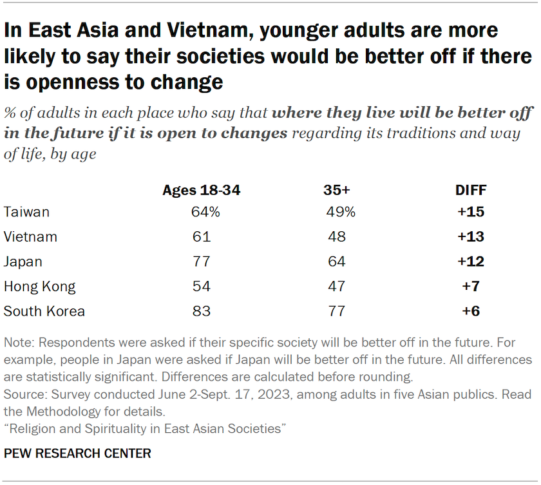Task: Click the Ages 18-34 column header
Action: [201, 190]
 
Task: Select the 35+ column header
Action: [336, 190]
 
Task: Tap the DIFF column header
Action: [470, 190]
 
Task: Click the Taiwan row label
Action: [26, 212]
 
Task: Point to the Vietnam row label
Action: [30, 237]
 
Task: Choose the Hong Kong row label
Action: [39, 287]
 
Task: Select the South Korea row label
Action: [44, 312]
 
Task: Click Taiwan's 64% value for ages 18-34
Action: [201, 212]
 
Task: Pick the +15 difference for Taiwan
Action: [470, 212]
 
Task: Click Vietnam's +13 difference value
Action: [470, 237]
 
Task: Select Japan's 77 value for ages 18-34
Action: [201, 262]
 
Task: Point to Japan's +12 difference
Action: [470, 262]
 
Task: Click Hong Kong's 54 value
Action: [201, 287]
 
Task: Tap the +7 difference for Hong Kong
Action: [470, 287]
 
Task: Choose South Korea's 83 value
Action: [201, 312]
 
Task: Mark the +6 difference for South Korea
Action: [470, 312]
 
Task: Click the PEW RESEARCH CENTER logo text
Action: [77, 454]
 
